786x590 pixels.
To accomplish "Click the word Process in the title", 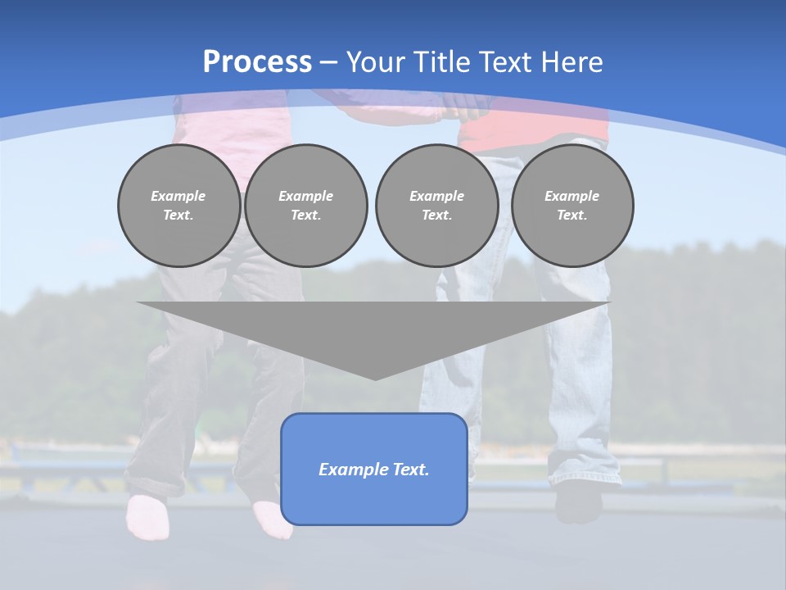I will (257, 62).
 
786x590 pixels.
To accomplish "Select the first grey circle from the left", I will (178, 206).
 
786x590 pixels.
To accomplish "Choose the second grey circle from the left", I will (305, 206).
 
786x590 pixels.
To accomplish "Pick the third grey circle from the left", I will (436, 206).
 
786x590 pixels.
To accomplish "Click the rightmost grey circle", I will (572, 206).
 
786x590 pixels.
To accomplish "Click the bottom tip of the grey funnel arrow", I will (375, 378).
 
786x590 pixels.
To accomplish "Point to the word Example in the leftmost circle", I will (178, 196).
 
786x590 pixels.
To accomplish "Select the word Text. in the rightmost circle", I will (572, 216).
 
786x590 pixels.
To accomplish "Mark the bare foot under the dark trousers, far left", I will (146, 517).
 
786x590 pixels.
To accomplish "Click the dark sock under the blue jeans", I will (578, 501).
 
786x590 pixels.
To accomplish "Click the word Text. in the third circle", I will (436, 216).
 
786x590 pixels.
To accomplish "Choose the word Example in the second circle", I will (305, 196).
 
